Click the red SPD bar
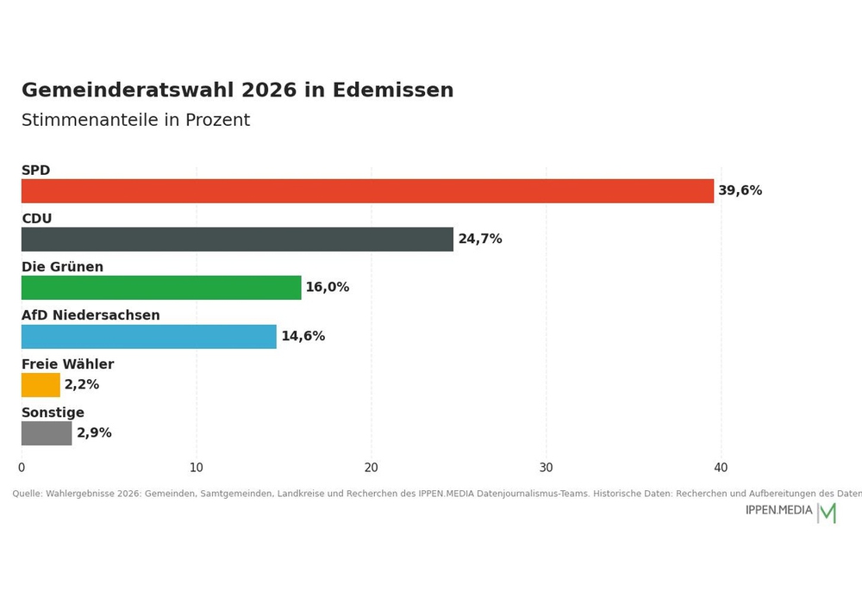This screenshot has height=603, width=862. (368, 191)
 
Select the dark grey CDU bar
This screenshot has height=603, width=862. (238, 239)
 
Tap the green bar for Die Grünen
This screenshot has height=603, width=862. (161, 288)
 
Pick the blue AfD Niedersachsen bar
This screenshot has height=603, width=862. (149, 337)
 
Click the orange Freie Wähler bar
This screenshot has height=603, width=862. (41, 385)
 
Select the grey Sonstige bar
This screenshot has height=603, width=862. (47, 433)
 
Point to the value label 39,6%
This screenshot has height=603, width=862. (740, 190)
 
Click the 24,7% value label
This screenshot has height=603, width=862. (480, 239)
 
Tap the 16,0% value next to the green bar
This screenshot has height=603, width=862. (327, 287)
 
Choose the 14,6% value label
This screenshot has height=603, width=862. (303, 336)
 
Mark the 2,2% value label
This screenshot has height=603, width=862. (82, 384)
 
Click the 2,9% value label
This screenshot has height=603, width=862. (94, 432)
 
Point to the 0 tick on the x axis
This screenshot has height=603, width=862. (22, 468)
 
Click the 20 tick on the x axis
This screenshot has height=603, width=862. (371, 468)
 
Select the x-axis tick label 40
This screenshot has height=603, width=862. (721, 468)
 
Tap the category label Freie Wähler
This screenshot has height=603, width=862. (67, 364)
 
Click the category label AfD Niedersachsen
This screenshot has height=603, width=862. (91, 315)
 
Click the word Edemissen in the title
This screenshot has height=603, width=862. (393, 90)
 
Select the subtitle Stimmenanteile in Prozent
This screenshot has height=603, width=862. (136, 120)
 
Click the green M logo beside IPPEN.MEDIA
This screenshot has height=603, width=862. (828, 513)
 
